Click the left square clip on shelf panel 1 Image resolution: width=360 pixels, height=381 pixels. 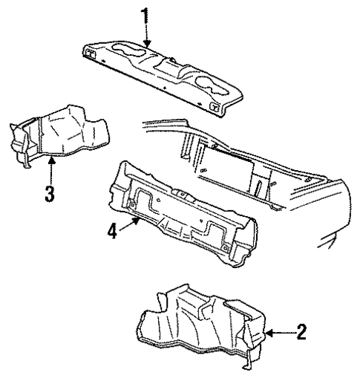click(91, 51)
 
